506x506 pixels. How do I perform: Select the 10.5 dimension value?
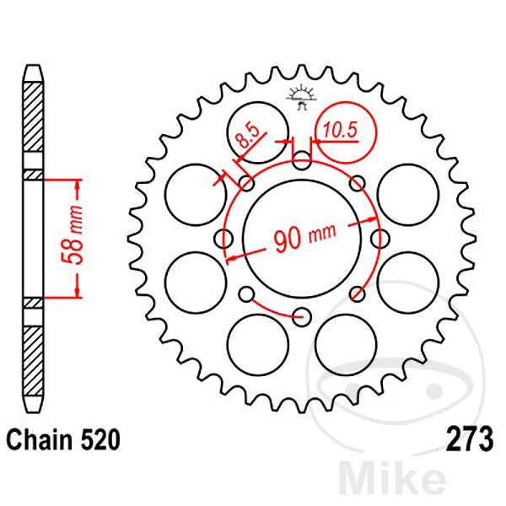coord(340,130)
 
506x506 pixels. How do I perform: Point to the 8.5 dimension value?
coord(247,136)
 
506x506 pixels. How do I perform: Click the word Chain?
coord(40,439)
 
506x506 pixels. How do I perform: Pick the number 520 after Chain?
coord(100,439)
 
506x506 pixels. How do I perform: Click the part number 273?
coord(470,439)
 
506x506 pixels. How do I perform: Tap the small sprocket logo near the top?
coord(301,96)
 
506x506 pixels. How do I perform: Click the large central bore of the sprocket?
coord(301,239)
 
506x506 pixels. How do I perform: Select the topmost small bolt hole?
coord(301,160)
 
